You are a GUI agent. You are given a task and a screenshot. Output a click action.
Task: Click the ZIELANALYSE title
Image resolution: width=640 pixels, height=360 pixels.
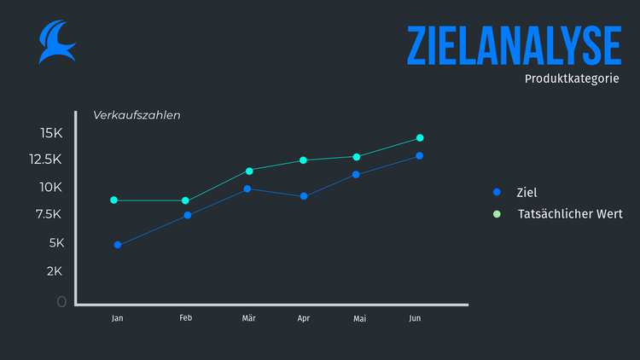514,45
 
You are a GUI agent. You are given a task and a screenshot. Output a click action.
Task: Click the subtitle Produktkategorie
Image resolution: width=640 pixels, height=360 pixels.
572,78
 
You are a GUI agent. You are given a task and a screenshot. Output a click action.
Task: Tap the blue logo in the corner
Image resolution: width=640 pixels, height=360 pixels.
56,43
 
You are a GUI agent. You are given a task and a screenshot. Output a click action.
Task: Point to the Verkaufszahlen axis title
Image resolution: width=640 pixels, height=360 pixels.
137,115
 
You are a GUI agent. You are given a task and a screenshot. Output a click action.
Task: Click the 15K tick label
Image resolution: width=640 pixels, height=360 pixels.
51,132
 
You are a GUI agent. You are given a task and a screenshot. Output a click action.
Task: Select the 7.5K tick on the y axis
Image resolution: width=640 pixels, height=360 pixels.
48,214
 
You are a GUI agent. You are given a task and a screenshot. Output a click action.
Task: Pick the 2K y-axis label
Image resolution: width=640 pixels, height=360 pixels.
54,271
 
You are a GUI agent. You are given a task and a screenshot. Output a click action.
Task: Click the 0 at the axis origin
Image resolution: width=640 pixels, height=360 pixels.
61,301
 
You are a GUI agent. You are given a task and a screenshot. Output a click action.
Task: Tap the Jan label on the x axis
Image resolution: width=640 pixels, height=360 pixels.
118,318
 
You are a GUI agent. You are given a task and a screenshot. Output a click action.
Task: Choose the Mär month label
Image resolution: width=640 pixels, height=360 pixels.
248,318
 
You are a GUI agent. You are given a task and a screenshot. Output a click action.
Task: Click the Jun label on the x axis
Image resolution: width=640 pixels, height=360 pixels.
415,318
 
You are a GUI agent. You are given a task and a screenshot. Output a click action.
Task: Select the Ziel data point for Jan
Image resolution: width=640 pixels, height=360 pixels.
118,245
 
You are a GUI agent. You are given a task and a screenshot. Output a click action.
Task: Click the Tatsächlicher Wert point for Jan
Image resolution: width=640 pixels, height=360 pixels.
114,200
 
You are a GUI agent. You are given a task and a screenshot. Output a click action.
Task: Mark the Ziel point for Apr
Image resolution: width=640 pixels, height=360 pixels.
304,196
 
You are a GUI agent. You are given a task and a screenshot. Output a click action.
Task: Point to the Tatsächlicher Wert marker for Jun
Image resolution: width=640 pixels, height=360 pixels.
420,138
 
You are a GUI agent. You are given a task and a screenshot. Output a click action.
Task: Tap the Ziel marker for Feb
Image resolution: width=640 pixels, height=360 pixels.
188,215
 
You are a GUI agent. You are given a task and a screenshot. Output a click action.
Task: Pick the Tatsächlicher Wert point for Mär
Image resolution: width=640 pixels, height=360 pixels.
249,171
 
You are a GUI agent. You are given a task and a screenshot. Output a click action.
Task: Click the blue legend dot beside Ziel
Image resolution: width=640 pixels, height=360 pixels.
497,193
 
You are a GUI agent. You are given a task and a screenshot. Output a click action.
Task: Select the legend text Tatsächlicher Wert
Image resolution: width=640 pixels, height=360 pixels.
570,214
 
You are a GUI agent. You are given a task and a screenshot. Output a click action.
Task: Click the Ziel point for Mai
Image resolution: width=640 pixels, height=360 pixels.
356,174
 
